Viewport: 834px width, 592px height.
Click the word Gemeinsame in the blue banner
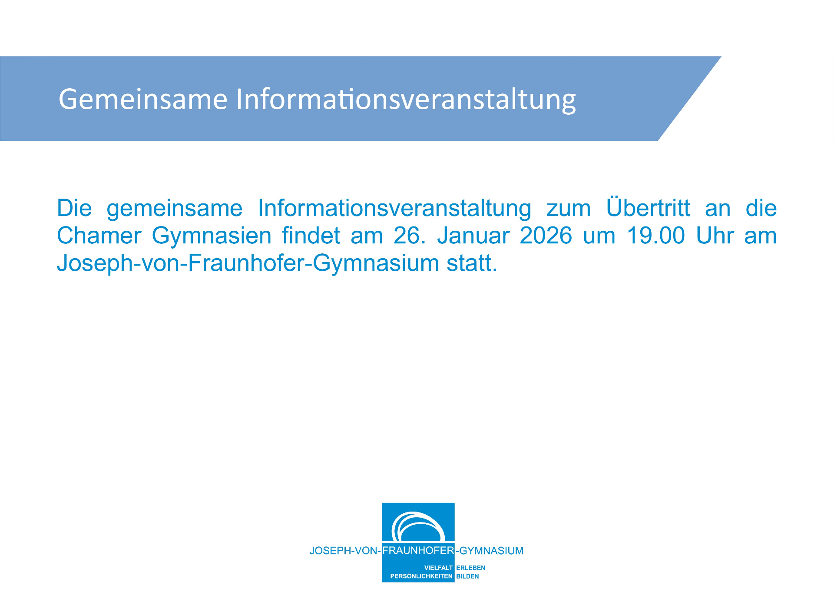pyautogui.click(x=143, y=99)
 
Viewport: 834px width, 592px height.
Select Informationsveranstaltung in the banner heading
pyautogui.click(x=406, y=100)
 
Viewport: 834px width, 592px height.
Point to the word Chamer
pyautogui.click(x=99, y=236)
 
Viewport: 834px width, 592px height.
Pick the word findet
pyautogui.click(x=311, y=236)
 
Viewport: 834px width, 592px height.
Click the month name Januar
pyautogui.click(x=473, y=236)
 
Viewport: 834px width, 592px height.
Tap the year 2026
pyautogui.click(x=546, y=236)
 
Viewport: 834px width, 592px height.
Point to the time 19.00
pyautogui.click(x=656, y=236)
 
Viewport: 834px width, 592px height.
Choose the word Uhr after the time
pyautogui.click(x=715, y=236)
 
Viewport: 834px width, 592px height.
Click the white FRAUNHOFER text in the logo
pyautogui.click(x=418, y=550)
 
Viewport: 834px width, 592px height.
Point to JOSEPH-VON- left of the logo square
pyautogui.click(x=345, y=551)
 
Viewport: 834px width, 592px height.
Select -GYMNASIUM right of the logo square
pyautogui.click(x=490, y=551)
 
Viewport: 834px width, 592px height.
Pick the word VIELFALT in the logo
pyautogui.click(x=438, y=568)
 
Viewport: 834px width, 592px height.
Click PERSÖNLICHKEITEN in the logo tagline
pyautogui.click(x=421, y=576)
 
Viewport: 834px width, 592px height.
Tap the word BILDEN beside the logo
pyautogui.click(x=467, y=576)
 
